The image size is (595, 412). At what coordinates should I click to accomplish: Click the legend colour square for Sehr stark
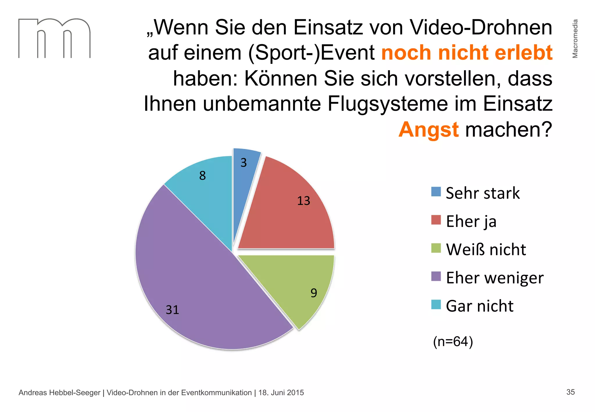coord(436,192)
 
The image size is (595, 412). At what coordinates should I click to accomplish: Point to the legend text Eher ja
coord(471,221)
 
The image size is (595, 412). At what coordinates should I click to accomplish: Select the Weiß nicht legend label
coord(486,250)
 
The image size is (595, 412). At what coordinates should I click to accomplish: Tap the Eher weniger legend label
coord(494,278)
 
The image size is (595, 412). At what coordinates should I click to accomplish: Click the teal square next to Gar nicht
coord(436,304)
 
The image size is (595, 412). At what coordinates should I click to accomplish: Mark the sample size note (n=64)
coord(453,341)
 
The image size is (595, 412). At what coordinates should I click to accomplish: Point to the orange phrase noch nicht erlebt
coord(467,53)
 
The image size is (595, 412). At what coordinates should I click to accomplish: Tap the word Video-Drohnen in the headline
coord(481,28)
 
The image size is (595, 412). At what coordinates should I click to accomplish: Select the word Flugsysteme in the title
coord(388,104)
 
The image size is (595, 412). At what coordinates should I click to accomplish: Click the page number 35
coord(570,392)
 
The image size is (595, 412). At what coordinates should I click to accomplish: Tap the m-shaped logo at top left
coord(54,38)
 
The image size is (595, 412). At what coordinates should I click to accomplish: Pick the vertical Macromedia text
coord(575,39)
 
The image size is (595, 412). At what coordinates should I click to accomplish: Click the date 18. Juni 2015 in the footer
coord(281,393)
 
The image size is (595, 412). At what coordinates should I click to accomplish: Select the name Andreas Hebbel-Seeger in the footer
coord(59,393)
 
